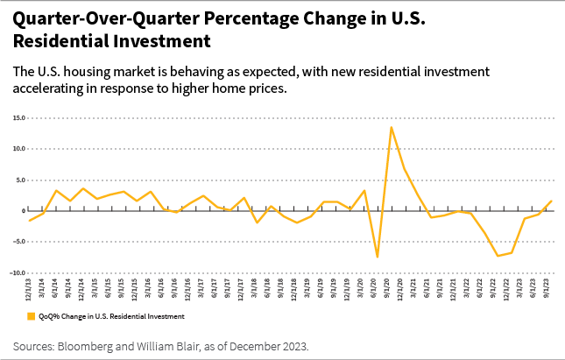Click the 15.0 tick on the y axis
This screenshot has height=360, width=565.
point(18,117)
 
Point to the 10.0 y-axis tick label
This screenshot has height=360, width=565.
point(18,149)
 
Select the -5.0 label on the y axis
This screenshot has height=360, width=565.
point(18,242)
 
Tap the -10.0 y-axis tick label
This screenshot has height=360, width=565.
point(17,273)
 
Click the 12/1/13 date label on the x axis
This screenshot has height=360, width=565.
point(30,290)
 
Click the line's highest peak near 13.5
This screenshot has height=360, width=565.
point(391,127)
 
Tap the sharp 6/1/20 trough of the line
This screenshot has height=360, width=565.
point(378,257)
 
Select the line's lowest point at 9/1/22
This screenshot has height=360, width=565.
point(498,256)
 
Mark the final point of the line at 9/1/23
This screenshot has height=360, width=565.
point(551,201)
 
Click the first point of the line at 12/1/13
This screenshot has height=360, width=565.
point(30,221)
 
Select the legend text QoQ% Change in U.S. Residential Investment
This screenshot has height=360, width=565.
point(109,315)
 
